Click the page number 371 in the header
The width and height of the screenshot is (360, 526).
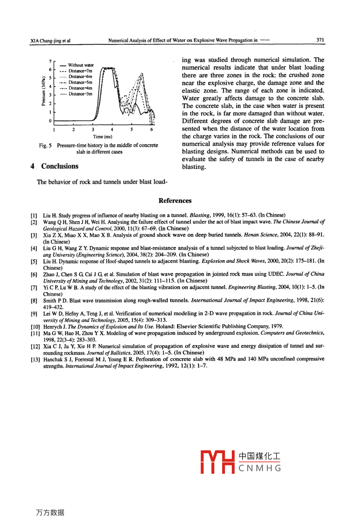[x=320, y=40]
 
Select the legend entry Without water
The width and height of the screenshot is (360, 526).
[x=81, y=65]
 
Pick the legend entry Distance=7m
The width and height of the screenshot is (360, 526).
[x=80, y=71]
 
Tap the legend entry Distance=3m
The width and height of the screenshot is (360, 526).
[x=80, y=94]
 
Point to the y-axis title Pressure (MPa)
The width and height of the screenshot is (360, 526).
[x=43, y=91]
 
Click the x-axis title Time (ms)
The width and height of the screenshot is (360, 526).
[x=103, y=137]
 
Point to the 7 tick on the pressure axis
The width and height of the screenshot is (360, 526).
[x=50, y=61]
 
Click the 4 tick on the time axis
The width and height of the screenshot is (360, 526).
[x=112, y=130]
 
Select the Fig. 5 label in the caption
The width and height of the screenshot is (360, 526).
[x=45, y=145]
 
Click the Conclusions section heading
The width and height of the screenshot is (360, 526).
[x=60, y=166]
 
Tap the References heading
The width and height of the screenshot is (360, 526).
[x=175, y=201]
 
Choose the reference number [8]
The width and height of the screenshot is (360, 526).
[x=34, y=300]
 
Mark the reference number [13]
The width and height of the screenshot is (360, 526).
[x=35, y=359]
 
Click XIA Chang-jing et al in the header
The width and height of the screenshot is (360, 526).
[x=50, y=40]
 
